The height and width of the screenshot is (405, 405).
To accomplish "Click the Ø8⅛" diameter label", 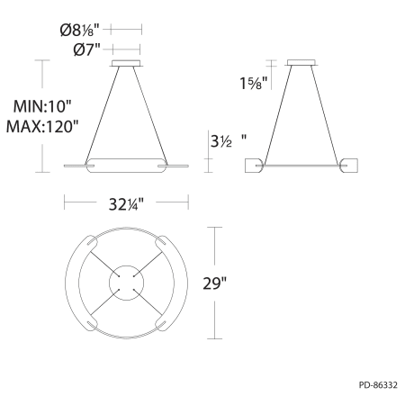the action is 80,31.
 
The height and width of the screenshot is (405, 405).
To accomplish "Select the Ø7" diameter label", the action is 87,49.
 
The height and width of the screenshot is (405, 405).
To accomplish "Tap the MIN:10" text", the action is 42,106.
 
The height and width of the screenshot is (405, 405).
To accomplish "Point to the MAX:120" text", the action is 42,126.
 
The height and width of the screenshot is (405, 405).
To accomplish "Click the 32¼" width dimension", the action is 126,204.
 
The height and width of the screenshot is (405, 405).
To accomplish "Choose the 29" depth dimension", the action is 214,283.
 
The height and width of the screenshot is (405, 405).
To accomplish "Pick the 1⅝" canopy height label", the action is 254,83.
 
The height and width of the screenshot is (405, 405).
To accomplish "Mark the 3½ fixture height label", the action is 221,141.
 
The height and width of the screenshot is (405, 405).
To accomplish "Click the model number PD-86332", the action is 378,385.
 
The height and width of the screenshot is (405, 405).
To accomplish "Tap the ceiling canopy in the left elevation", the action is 126,63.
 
